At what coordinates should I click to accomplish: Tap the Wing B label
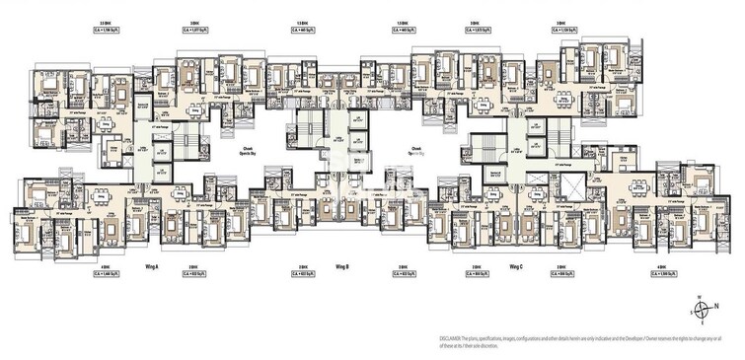[x=342, y=267]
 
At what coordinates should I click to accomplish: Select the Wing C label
[x=515, y=267]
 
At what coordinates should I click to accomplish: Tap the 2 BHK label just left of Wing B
[x=304, y=267]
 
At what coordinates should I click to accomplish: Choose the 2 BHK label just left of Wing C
[x=476, y=267]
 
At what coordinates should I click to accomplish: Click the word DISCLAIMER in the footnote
[x=456, y=337]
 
